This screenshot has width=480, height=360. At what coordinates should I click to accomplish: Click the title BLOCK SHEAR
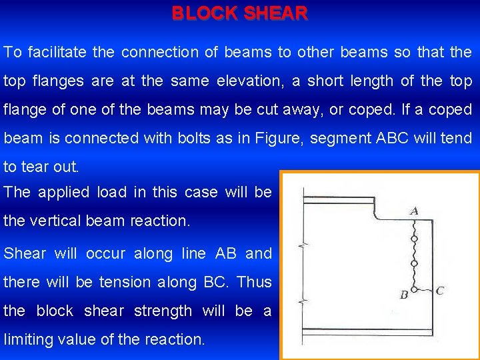(240, 13)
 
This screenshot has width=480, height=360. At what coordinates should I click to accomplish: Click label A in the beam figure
(414, 211)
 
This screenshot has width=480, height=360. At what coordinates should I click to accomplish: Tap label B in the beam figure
(403, 294)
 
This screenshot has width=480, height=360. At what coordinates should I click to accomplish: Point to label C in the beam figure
(439, 291)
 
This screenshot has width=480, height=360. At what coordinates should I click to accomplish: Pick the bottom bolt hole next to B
(415, 289)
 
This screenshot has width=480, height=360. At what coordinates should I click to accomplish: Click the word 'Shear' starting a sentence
(25, 253)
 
